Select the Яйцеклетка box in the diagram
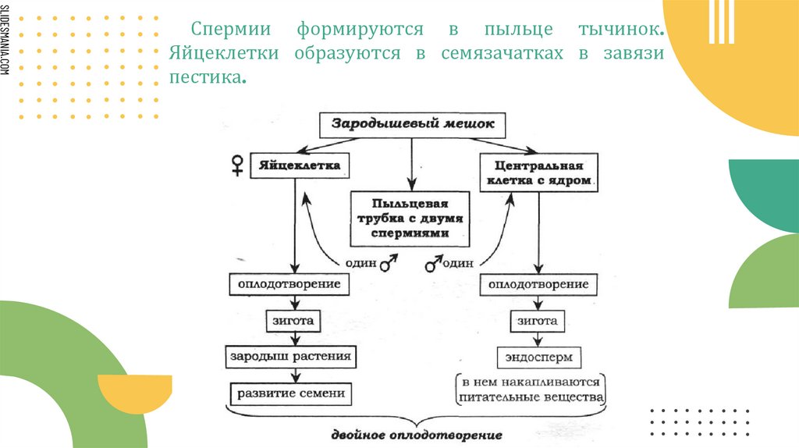click(298, 166)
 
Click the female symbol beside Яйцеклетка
click(236, 165)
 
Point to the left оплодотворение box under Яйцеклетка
click(289, 284)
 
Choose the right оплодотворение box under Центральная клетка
click(538, 284)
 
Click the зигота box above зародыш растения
click(293, 321)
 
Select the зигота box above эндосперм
click(538, 321)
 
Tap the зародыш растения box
click(292, 357)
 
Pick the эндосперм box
click(538, 357)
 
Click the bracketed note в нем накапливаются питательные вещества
click(531, 389)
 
